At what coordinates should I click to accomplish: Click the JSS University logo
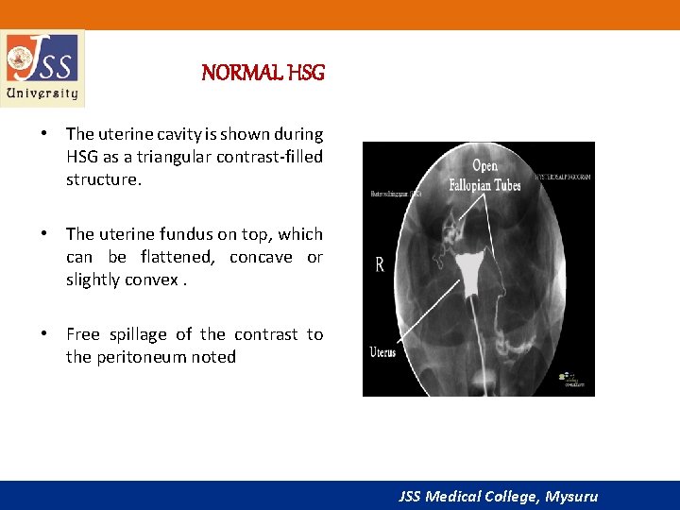pos(42,67)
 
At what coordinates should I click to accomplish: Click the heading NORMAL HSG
pos(263,73)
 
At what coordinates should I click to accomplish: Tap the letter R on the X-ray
pos(380,265)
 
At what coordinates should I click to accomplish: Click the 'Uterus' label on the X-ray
pos(382,353)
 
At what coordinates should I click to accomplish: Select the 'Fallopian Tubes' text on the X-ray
pos(484,185)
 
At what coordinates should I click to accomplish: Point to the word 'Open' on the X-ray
pos(486,168)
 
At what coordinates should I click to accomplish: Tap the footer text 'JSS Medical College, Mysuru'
pos(499,496)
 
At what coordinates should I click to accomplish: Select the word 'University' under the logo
pos(42,93)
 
